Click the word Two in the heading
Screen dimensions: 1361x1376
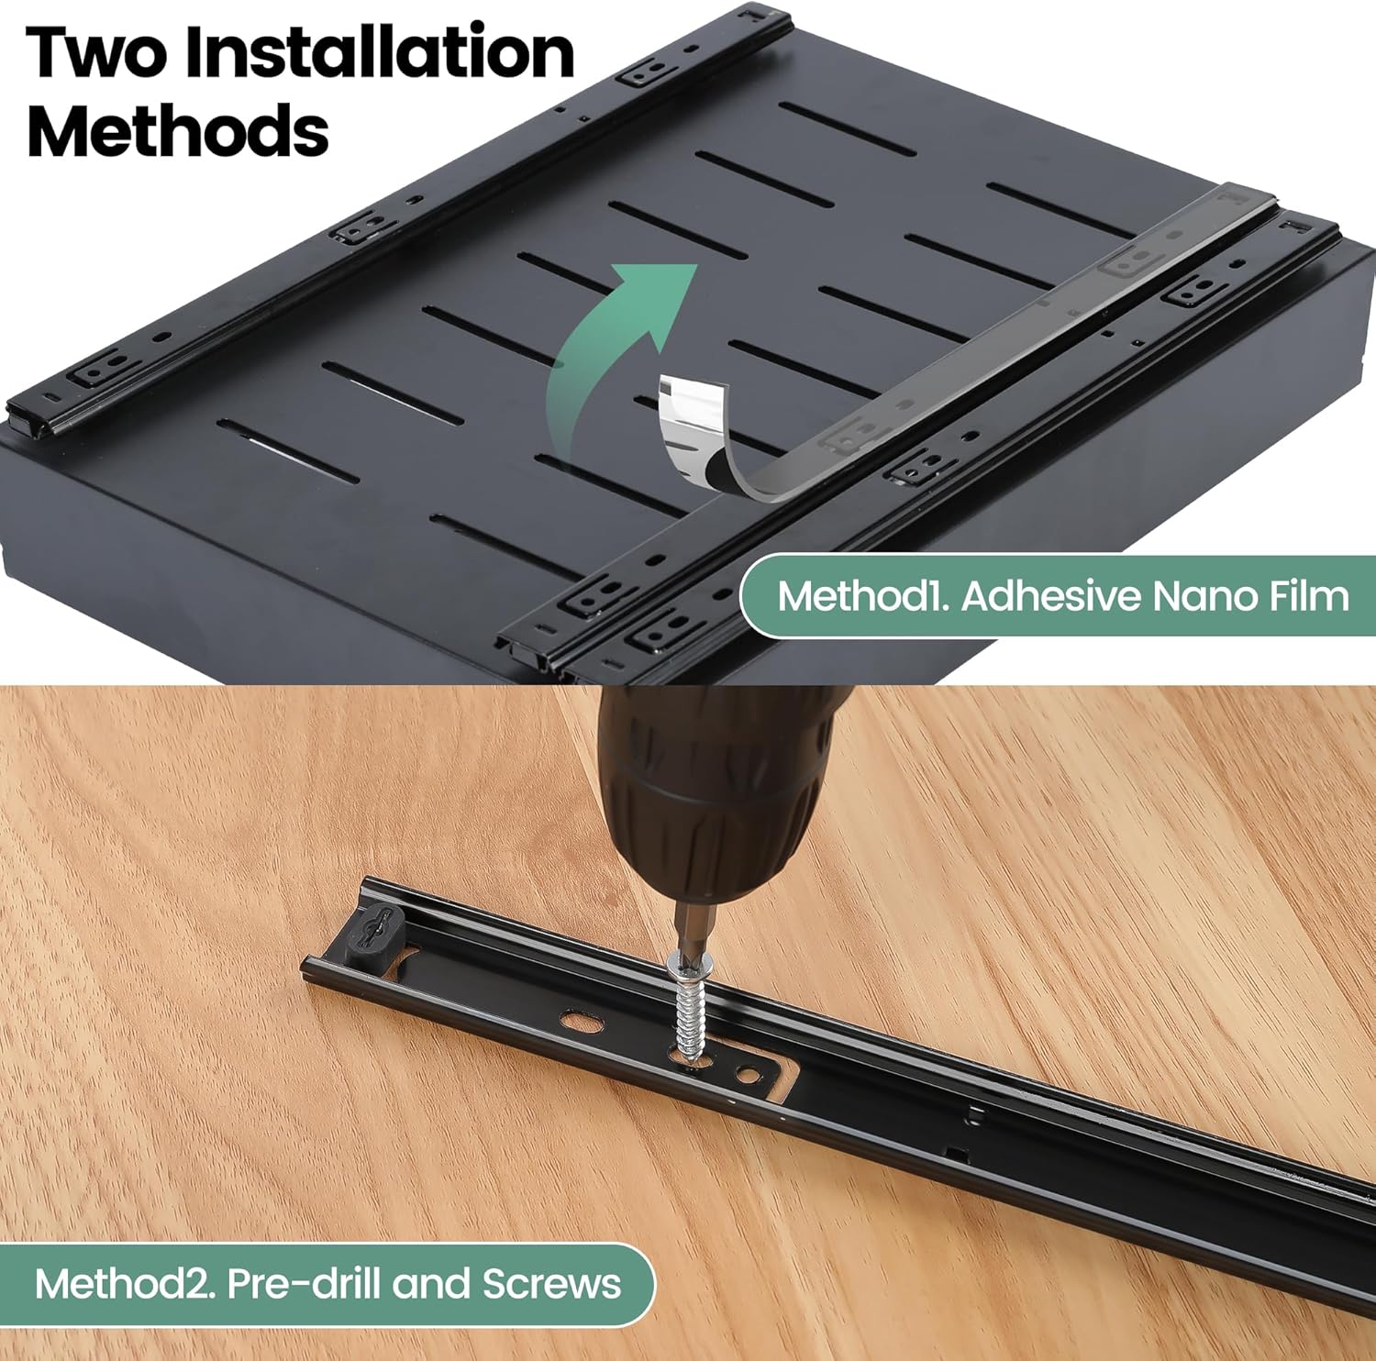[97, 53]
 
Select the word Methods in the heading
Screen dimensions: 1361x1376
[178, 131]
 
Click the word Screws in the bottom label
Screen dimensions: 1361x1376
[551, 1284]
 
